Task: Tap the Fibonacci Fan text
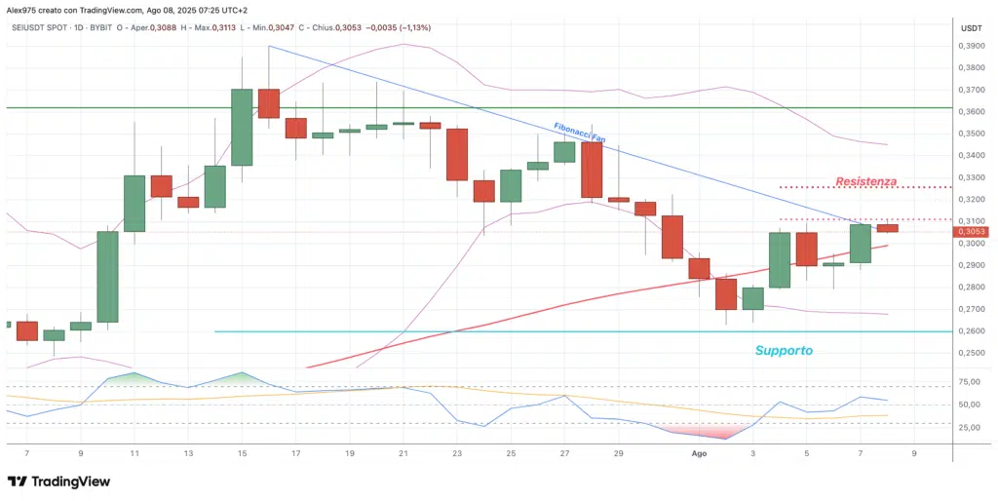pos(579,133)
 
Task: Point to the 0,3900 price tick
pos(972,46)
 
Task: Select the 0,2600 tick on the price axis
pos(972,331)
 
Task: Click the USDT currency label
pos(971,28)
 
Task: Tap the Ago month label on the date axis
pos(699,453)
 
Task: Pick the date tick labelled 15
pos(241,453)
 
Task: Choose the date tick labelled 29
pos(619,453)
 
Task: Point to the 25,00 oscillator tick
pos(971,427)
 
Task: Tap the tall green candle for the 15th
pos(242,127)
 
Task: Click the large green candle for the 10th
pos(106,276)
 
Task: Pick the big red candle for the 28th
pos(592,170)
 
